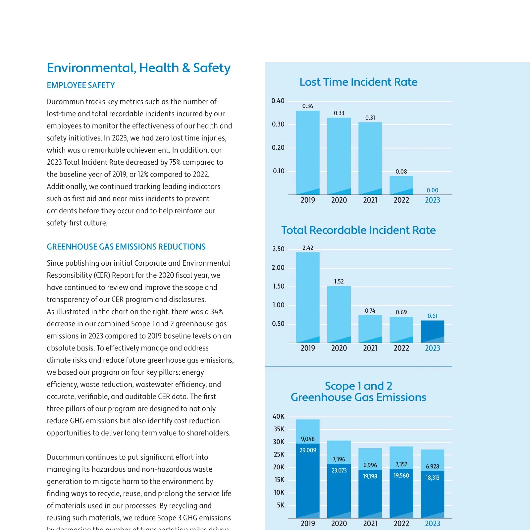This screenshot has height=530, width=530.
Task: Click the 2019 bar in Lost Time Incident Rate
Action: tap(308, 153)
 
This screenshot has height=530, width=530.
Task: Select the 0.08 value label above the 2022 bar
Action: tap(401, 172)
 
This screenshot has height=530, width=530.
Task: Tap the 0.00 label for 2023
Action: tap(432, 190)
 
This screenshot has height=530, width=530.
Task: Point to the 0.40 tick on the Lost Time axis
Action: tap(278, 101)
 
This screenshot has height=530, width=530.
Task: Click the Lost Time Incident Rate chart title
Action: tap(358, 82)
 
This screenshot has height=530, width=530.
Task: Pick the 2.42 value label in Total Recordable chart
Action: tap(308, 248)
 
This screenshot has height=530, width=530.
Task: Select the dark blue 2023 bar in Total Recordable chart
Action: tap(432, 332)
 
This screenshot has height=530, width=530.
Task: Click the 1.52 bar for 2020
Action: tap(339, 314)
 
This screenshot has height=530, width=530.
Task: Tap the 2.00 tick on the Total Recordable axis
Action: tap(278, 268)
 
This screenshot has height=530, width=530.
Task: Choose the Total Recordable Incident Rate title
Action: tap(358, 230)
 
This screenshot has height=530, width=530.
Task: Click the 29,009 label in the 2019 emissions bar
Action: tap(308, 450)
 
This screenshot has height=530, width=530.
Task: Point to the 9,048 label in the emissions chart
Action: tap(308, 439)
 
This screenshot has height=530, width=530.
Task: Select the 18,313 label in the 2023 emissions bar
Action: tap(432, 478)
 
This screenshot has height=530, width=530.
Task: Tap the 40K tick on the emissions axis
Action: tap(279, 416)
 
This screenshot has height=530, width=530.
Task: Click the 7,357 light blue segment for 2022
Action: tap(401, 458)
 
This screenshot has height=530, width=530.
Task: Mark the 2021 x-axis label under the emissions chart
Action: tap(370, 523)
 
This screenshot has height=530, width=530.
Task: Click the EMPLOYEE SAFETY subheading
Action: tap(81, 85)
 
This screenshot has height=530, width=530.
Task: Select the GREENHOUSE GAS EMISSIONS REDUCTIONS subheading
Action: tap(126, 247)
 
